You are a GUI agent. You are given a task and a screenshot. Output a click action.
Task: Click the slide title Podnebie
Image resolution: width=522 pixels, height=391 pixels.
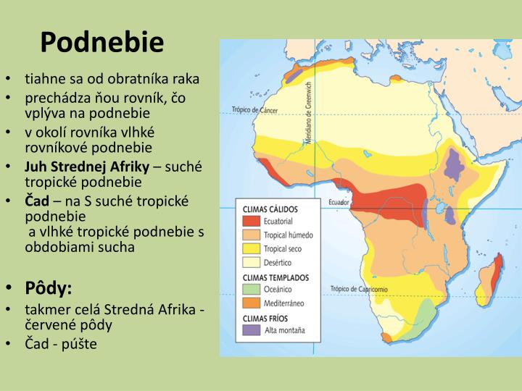click(102, 43)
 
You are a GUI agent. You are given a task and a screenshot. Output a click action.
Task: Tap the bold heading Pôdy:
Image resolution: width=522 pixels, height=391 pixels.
click(49, 289)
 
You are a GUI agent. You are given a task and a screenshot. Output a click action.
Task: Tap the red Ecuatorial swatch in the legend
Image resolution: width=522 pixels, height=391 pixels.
click(252, 221)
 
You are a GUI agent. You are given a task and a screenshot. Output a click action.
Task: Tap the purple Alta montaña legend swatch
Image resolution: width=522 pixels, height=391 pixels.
click(252, 331)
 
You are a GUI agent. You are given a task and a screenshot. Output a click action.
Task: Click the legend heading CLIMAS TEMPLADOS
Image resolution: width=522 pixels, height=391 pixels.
click(275, 277)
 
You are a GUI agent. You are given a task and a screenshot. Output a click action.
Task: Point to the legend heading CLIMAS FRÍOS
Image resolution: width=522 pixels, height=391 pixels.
click(266, 318)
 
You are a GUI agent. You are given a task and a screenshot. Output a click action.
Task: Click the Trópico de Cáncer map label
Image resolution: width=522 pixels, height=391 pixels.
click(254, 110)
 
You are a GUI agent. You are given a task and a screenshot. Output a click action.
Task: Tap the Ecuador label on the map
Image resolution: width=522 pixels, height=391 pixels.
click(339, 203)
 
